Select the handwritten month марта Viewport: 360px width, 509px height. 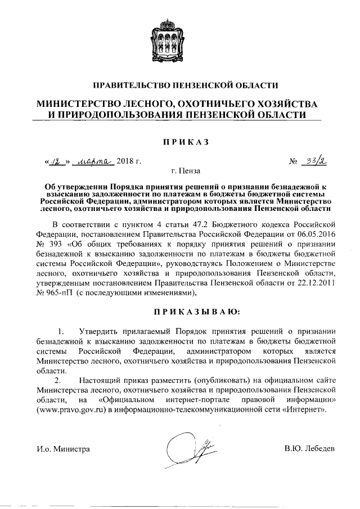94,161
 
